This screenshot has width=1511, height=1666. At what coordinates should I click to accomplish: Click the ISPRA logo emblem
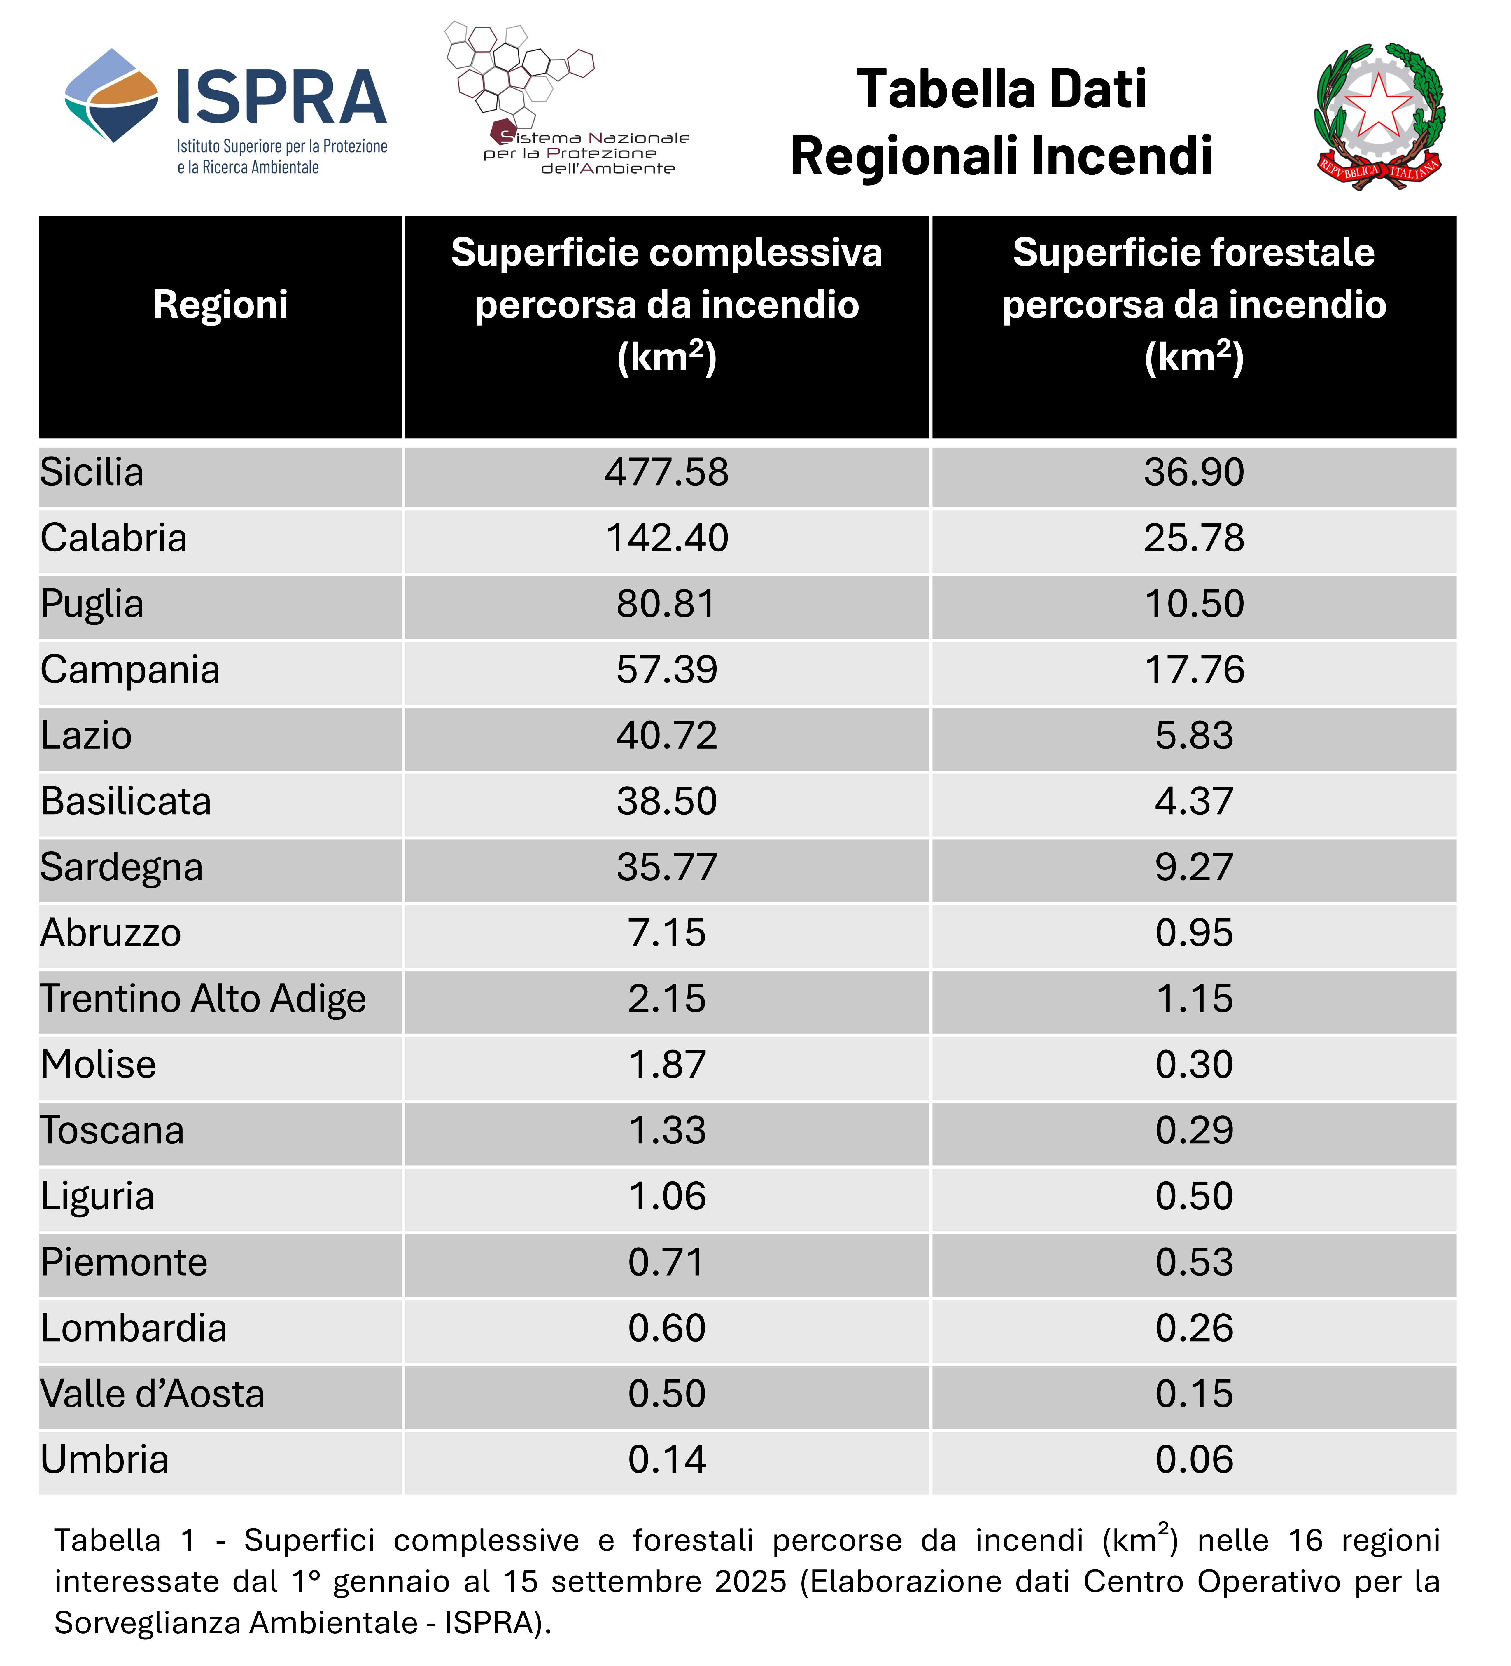(x=111, y=95)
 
